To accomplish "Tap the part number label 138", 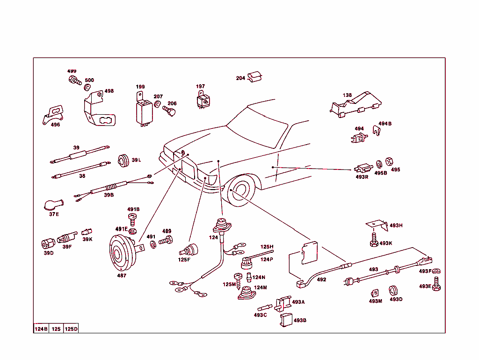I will point(347,95).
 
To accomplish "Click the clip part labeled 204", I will point(254,77).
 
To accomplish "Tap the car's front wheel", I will point(242,191).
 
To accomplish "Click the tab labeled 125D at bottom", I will point(71,329).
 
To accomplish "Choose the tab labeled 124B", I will point(41,329).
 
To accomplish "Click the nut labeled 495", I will point(388,162).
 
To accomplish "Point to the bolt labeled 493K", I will point(373,242).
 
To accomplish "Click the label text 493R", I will point(362,177).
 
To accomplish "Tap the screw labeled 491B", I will point(133,217).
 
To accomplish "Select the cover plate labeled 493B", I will point(286,321).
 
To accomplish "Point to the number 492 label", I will point(321,279).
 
